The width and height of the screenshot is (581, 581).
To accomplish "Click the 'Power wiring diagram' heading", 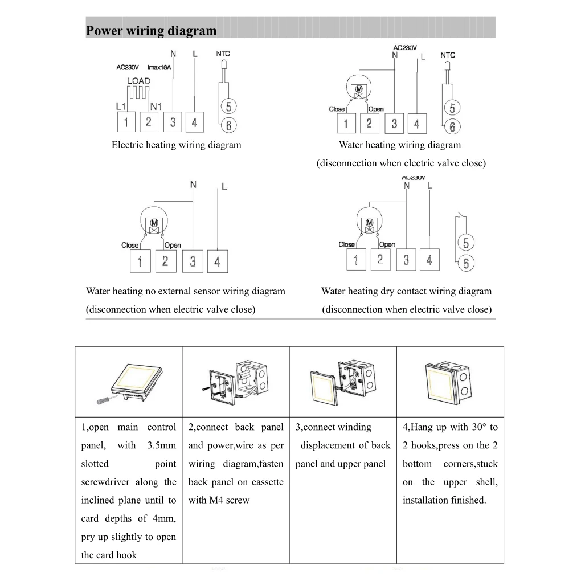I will click(151, 31).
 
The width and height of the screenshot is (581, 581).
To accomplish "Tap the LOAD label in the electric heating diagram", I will click(138, 81).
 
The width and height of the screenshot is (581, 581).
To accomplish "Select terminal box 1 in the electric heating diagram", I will click(126, 122).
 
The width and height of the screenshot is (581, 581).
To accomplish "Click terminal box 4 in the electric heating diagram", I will click(194, 122).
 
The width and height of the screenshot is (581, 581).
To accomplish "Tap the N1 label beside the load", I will click(157, 106).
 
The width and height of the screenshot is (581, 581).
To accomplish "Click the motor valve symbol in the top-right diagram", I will click(359, 90).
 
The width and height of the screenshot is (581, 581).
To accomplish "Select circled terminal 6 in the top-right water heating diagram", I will click(452, 126).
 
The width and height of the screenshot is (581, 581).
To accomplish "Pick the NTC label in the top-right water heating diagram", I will click(448, 55).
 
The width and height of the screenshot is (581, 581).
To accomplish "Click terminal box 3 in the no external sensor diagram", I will click(193, 261).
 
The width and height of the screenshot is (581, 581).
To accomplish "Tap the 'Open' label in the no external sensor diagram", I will click(173, 245).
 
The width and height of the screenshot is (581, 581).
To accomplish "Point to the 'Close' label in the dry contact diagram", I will click(347, 244).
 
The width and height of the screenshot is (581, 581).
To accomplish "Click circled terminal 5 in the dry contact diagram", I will click(466, 243).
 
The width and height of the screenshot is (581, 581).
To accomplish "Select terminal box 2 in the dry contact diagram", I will click(380, 260).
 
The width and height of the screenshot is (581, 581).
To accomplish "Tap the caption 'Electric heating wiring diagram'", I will click(176, 145).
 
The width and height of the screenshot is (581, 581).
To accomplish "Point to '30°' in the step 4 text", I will click(477, 427).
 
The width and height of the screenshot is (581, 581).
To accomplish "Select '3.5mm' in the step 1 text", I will click(161, 445).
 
